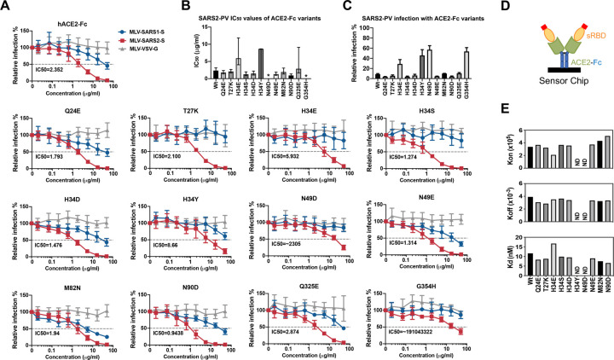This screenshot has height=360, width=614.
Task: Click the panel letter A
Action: (6, 7)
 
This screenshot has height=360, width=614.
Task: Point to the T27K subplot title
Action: (184, 121)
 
